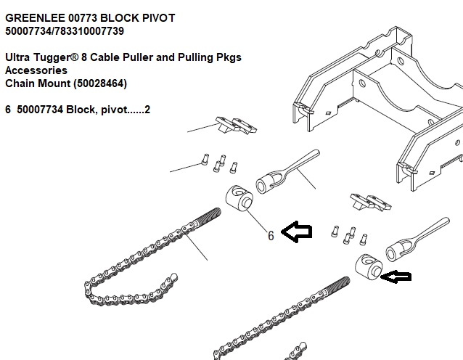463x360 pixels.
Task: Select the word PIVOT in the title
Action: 153,17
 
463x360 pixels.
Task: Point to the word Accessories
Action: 36,70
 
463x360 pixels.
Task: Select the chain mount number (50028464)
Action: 96,83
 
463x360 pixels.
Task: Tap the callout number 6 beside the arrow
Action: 271,235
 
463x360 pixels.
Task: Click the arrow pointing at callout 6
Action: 297,232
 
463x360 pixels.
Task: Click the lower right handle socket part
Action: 411,240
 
